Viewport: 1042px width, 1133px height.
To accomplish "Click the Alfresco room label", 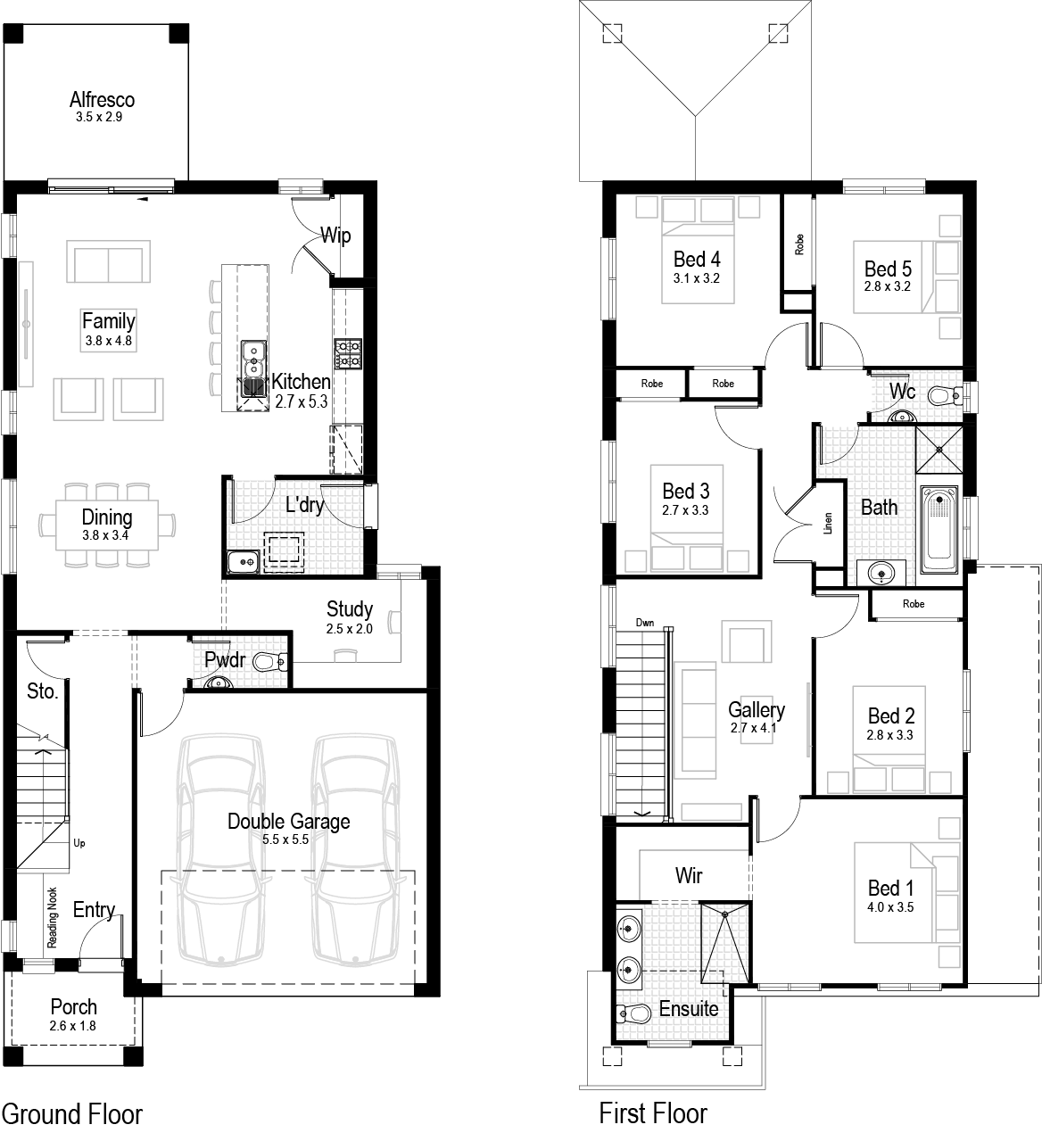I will click(x=102, y=99).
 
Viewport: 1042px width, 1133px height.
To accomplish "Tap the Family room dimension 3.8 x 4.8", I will click(x=108, y=340).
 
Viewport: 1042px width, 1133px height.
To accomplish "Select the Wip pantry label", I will click(x=335, y=236).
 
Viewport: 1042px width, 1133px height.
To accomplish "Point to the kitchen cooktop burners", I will click(x=347, y=354).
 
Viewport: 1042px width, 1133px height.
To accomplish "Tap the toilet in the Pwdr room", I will click(x=269, y=662).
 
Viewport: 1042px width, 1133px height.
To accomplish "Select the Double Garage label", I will click(x=288, y=821).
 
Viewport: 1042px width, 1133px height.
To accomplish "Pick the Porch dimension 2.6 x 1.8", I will click(x=73, y=1026).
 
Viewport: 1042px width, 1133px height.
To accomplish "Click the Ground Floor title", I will click(x=72, y=1113).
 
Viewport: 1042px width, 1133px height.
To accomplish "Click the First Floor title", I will click(x=653, y=1113).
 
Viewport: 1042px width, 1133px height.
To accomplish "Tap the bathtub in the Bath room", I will click(x=938, y=531).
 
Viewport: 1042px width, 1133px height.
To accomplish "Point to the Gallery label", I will click(x=757, y=709).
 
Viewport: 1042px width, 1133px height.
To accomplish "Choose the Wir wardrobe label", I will click(x=689, y=875).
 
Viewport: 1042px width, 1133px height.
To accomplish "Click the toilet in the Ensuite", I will click(x=633, y=1013).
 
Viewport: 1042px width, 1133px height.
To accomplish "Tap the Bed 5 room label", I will click(x=888, y=269).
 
